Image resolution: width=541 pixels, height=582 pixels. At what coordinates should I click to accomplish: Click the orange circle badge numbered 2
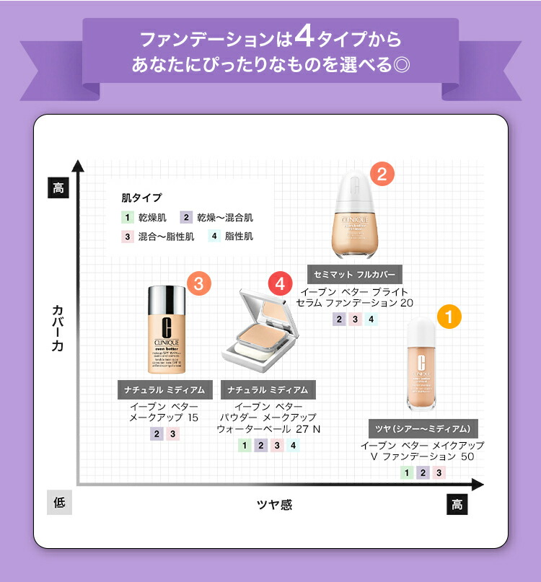point(382,174)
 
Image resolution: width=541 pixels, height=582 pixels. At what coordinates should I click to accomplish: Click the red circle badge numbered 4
point(281,283)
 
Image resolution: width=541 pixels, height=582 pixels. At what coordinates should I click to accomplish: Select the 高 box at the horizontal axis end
point(457,504)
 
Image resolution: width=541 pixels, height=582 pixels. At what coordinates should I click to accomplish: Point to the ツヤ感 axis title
point(274,504)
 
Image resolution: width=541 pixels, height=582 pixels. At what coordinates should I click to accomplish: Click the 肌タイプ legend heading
point(141,197)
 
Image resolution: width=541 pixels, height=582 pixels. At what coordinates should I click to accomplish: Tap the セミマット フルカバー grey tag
point(355,275)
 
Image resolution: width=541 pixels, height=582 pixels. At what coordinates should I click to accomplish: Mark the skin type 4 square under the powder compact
point(292,445)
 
